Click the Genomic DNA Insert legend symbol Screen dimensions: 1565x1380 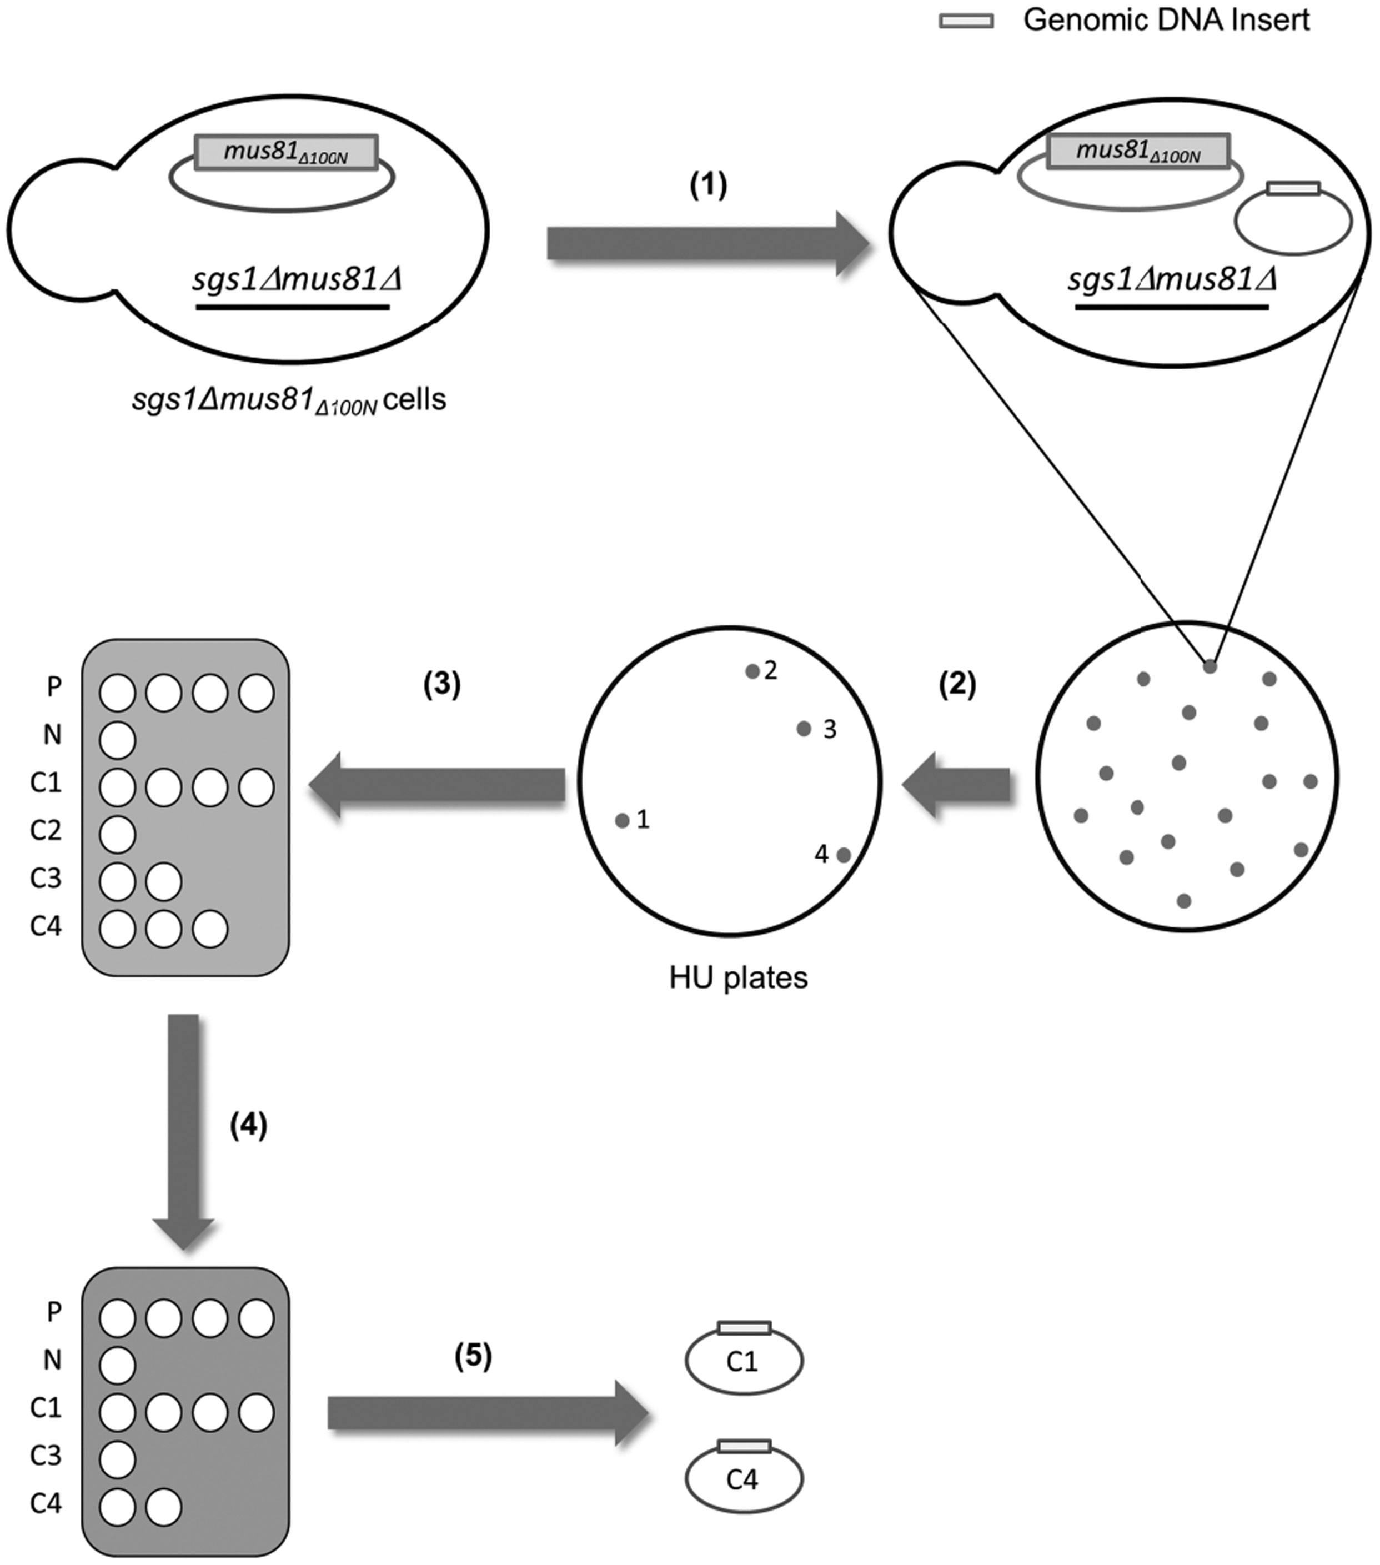point(966,22)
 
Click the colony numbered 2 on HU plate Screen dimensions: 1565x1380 point(752,671)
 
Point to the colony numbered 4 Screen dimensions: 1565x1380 point(843,855)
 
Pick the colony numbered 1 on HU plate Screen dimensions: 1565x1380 point(622,821)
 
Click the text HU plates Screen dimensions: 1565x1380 point(738,979)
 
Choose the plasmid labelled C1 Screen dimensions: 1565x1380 point(743,1361)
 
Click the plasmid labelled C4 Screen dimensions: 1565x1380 point(743,1479)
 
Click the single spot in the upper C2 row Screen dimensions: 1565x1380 point(117,835)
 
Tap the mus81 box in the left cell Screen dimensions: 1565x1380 point(285,152)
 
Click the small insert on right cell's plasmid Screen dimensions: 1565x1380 point(1293,188)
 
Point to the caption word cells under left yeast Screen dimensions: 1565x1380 point(414,399)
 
